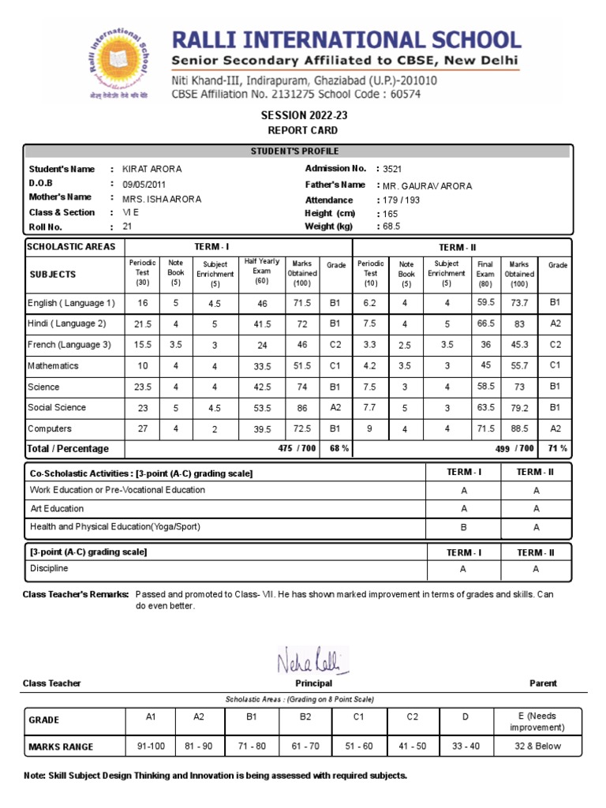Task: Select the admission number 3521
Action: click(x=392, y=169)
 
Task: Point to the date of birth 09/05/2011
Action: click(x=145, y=185)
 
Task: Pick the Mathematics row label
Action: click(x=53, y=366)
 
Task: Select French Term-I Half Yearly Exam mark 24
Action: click(x=262, y=345)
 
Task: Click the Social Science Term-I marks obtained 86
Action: click(x=301, y=409)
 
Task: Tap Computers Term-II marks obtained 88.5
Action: click(x=518, y=429)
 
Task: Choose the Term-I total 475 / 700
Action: click(x=297, y=449)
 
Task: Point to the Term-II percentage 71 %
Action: click(x=556, y=449)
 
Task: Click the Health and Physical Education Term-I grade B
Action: click(x=463, y=526)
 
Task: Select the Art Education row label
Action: click(x=57, y=508)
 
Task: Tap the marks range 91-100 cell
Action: click(x=152, y=746)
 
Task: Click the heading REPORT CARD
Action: click(x=303, y=130)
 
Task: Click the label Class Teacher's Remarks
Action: click(x=76, y=594)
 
